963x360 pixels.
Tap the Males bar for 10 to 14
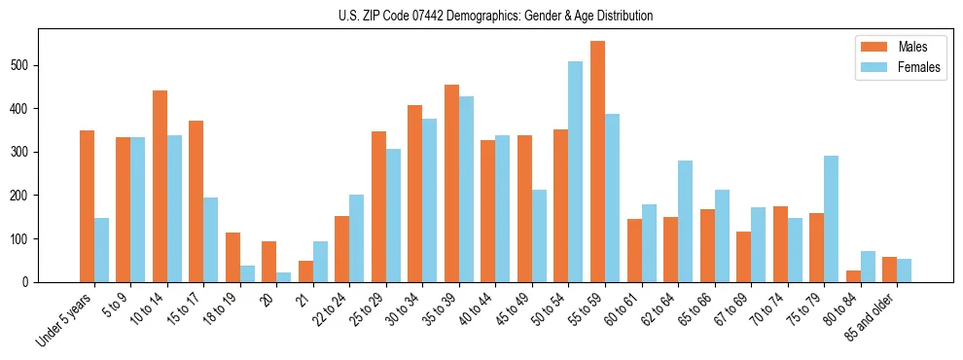click(160, 186)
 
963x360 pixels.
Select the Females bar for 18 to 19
click(247, 273)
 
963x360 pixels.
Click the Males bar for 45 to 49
click(524, 209)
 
